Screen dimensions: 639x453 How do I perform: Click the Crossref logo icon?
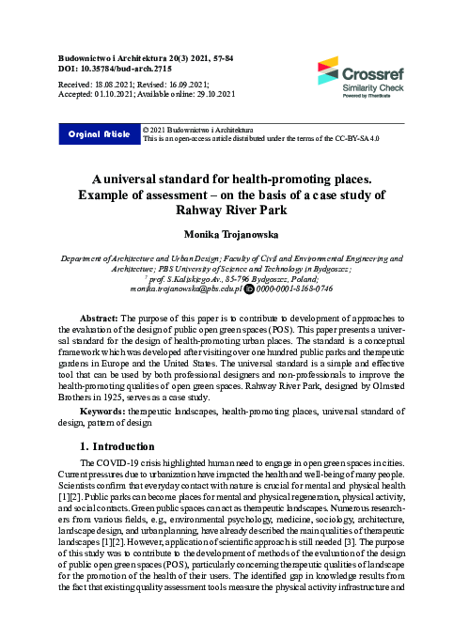[327, 70]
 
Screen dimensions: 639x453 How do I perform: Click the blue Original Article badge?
[98, 134]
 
